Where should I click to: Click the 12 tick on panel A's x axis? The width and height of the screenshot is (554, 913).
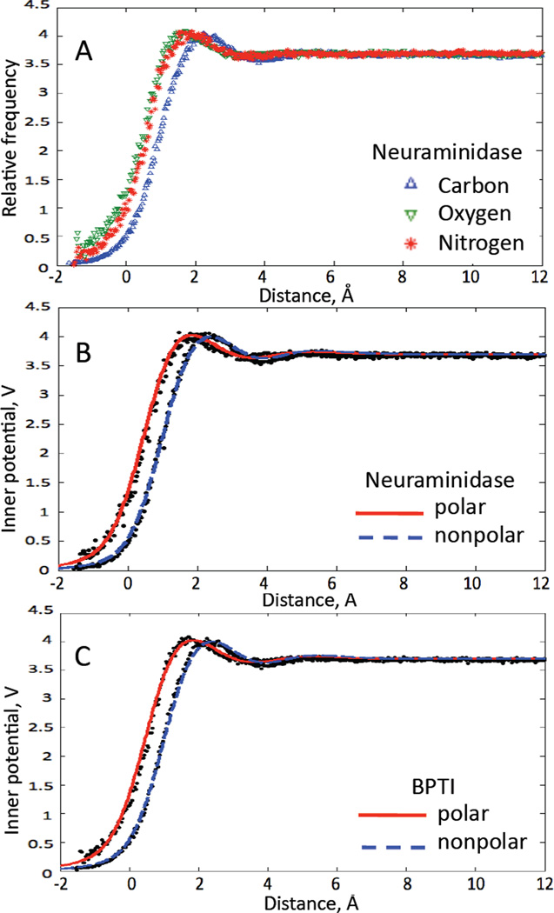click(539, 280)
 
